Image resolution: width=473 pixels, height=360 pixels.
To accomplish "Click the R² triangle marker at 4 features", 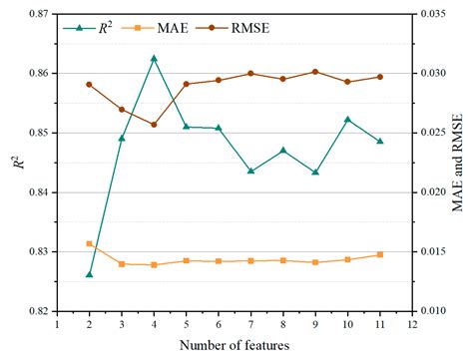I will coord(154,58).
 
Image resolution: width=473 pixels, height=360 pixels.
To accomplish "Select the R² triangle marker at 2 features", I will coord(89,273).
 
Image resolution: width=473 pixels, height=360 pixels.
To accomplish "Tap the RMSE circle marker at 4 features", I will coord(154,125).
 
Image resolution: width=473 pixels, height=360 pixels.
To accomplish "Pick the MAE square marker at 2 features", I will coord(89,243).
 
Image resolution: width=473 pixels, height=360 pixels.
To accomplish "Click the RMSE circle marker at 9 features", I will coord(315,72).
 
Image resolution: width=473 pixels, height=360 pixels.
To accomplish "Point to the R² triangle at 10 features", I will coord(347,119).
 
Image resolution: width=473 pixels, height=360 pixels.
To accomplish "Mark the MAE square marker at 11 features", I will coord(380,254).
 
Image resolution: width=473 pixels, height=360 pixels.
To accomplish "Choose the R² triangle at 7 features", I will coord(250,171).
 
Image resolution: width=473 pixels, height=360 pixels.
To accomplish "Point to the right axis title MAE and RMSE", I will coord(458,162).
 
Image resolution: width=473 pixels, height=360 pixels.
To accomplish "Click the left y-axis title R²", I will coord(15,162).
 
